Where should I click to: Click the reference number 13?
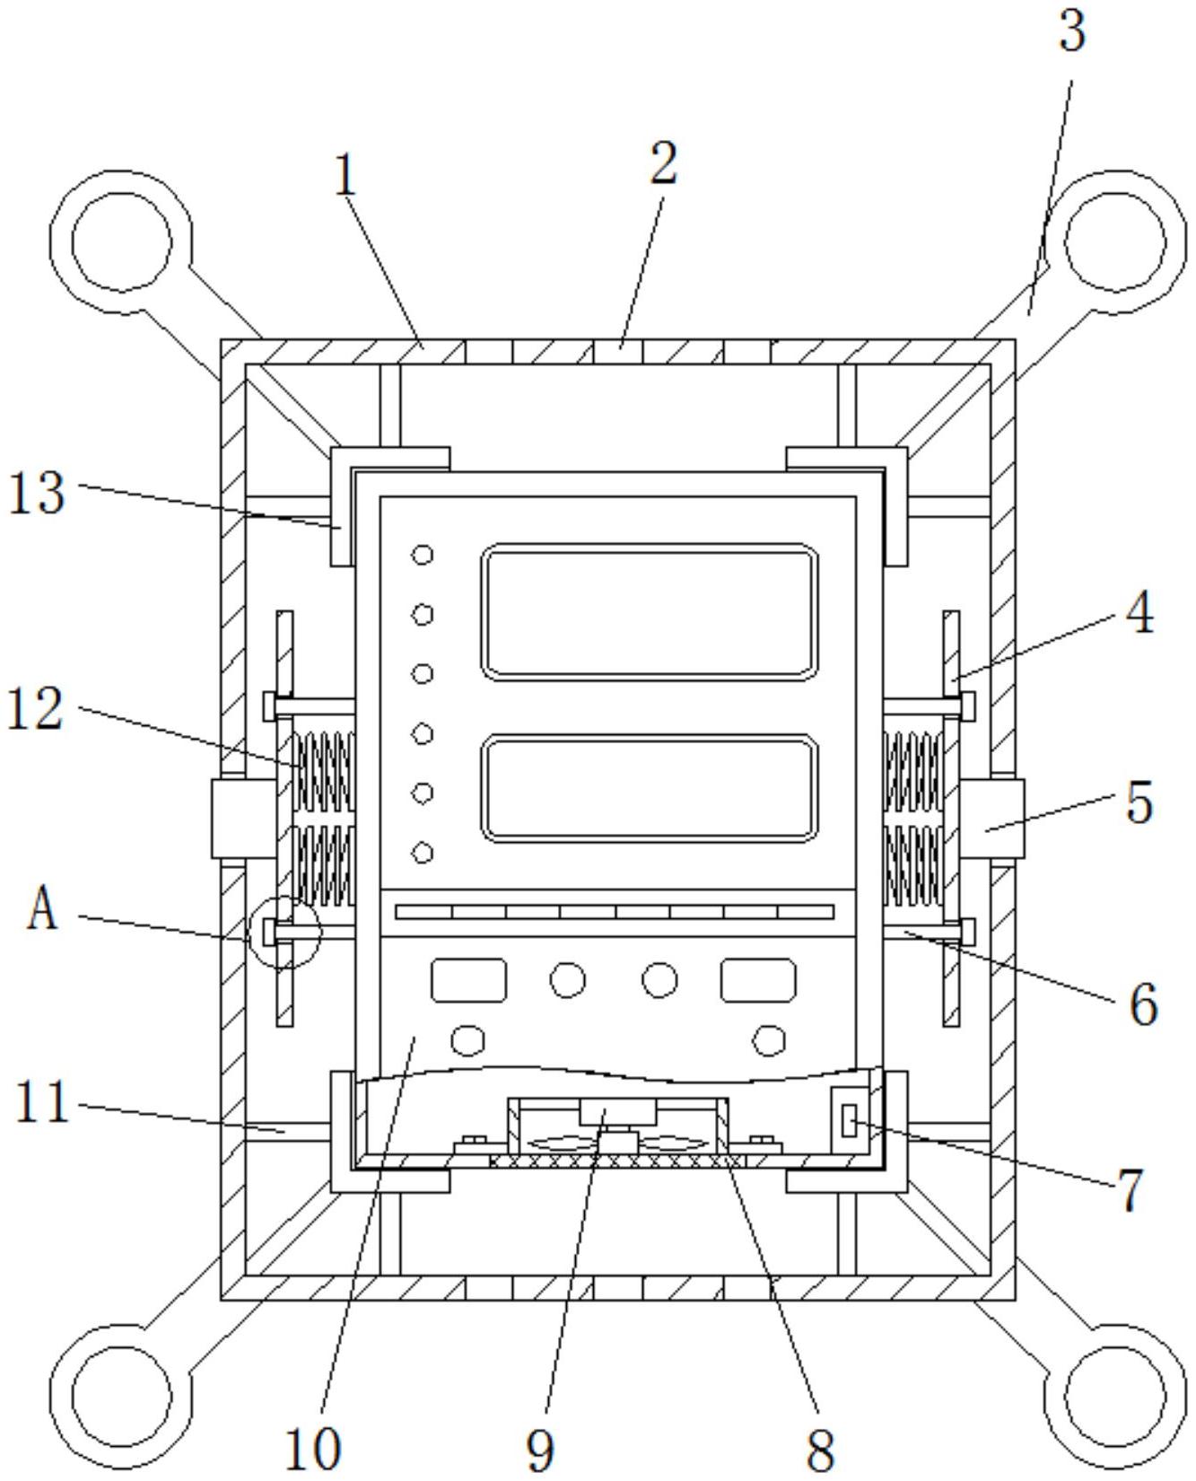37,494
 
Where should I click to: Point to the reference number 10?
313,1447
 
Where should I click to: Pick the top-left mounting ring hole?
121,241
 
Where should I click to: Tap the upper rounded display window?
650,611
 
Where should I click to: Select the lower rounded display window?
650,788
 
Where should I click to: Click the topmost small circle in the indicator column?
423,555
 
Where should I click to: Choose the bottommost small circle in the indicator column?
423,853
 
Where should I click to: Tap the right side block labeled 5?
992,819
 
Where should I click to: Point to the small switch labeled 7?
849,1121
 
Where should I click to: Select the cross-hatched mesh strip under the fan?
617,1161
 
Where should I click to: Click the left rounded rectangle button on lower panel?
468,980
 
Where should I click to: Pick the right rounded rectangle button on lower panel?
758,980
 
